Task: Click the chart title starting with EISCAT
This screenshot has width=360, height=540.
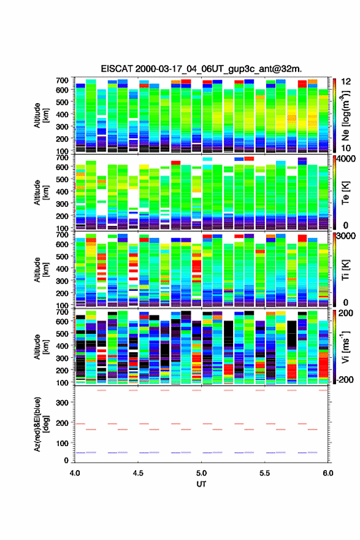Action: pos(201,69)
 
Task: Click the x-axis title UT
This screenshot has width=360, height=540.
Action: pos(201,484)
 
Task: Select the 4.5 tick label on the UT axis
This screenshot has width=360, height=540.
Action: pos(138,473)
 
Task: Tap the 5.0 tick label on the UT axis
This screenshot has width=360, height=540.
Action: pos(201,473)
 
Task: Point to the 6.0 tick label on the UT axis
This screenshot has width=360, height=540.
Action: pos(328,473)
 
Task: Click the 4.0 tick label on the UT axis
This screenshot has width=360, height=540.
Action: pos(75,473)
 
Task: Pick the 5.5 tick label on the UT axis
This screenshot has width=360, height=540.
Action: pos(265,473)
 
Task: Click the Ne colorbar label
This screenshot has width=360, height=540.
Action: pos(345,115)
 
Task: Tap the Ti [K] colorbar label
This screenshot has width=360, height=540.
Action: pos(345,269)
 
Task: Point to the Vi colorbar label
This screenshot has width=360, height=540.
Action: pos(345,347)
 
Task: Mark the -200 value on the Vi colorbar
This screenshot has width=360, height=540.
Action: pos(345,379)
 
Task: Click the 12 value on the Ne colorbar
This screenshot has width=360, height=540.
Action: pos(346,81)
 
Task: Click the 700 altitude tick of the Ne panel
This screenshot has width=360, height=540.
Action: pos(62,80)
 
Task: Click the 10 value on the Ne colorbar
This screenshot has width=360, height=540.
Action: pos(346,148)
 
